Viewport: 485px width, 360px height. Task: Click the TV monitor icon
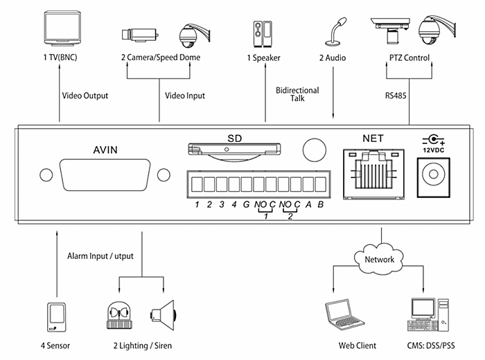(x=62, y=28)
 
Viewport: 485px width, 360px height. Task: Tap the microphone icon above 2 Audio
(x=335, y=32)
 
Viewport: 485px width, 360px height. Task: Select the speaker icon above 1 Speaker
(x=263, y=34)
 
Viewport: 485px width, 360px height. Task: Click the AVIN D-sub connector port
(x=105, y=175)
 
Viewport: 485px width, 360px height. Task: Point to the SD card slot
(x=234, y=150)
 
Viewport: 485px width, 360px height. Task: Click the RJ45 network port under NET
(x=373, y=174)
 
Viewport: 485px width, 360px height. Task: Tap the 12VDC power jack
(x=433, y=177)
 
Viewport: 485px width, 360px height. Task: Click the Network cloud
(x=379, y=259)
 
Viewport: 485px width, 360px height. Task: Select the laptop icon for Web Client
(x=344, y=314)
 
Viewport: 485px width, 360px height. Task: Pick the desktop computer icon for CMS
(x=428, y=314)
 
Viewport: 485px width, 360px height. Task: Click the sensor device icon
(x=56, y=317)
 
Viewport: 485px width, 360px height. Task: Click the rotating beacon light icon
(x=119, y=315)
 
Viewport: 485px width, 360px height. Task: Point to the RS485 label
(x=396, y=96)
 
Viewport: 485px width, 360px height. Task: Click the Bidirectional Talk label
(x=297, y=94)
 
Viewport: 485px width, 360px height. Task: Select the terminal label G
(x=246, y=204)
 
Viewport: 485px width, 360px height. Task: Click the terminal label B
(x=321, y=204)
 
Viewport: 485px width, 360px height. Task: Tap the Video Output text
(x=85, y=96)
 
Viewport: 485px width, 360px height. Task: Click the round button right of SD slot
(x=315, y=150)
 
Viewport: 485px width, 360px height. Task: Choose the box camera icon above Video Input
(x=140, y=35)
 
